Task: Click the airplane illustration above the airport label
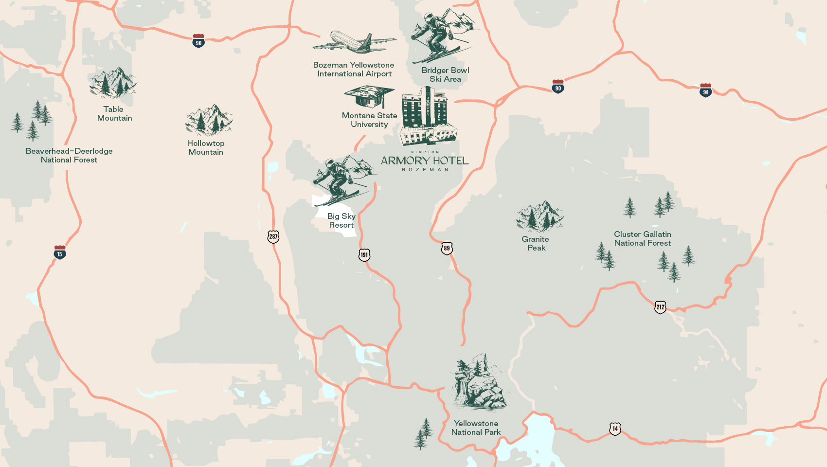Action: coord(354,42)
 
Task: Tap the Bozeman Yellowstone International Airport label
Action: coord(354,69)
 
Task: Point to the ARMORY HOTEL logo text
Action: coord(425,161)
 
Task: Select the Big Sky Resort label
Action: coord(341,220)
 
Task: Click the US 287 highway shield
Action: coord(273,237)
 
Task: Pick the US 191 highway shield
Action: coord(364,255)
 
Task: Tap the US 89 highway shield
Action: coord(447,248)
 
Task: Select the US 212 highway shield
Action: coord(660,307)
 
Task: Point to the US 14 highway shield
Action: coord(615,429)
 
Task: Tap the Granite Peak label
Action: coord(536,243)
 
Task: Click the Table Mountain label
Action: coord(114,113)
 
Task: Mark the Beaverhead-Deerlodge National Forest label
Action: coord(69,155)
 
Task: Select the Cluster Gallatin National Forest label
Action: coord(642,238)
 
